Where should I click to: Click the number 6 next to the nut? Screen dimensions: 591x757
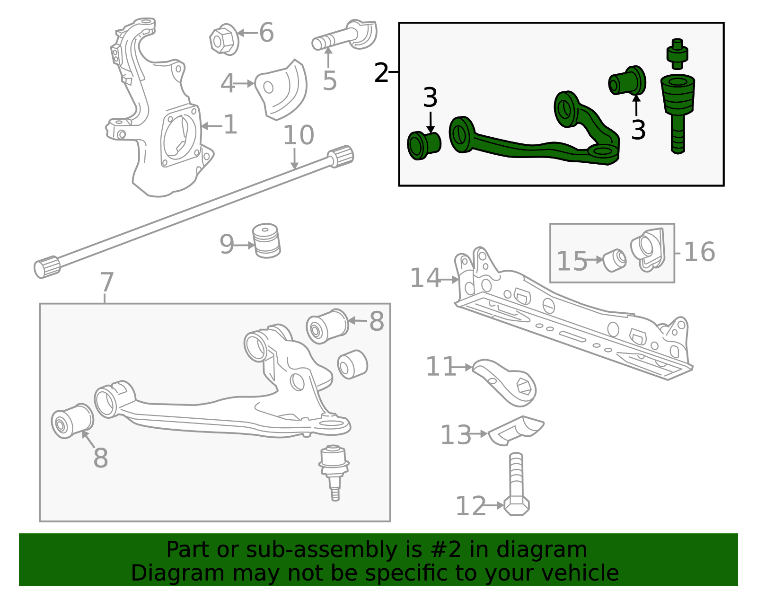coord(266,33)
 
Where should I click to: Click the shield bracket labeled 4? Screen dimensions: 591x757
coord(282,90)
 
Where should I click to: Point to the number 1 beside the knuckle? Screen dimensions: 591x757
coord(230,125)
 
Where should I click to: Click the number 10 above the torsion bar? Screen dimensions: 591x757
coord(298,135)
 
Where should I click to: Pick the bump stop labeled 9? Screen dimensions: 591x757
coord(266,241)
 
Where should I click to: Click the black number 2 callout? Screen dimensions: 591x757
coord(381,73)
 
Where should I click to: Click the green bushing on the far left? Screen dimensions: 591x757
coord(423,145)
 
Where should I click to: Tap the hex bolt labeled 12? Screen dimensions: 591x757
coord(517,487)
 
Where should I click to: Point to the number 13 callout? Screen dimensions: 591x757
coord(455,435)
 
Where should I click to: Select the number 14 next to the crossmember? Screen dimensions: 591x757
coord(425,278)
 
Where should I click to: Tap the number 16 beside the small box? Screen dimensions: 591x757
coord(699,252)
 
